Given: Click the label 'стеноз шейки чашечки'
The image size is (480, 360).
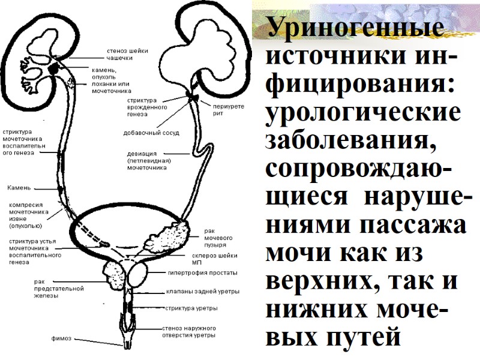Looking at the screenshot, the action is (127, 54).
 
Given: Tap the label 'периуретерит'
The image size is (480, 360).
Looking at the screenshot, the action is (226, 109).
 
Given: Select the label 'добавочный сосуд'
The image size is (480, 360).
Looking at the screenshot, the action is (151, 133).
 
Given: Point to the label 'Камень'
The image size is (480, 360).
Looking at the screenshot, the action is (19, 188).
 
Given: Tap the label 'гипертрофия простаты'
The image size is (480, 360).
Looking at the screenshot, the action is (202, 273).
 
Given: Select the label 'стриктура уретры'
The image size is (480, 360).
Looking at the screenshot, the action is (191, 308).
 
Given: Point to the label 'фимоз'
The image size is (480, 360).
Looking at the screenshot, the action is (61, 338).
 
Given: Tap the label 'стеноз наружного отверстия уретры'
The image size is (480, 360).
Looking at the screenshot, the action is (189, 332).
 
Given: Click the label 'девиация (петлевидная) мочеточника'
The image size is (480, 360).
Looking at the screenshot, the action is (149, 161).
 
